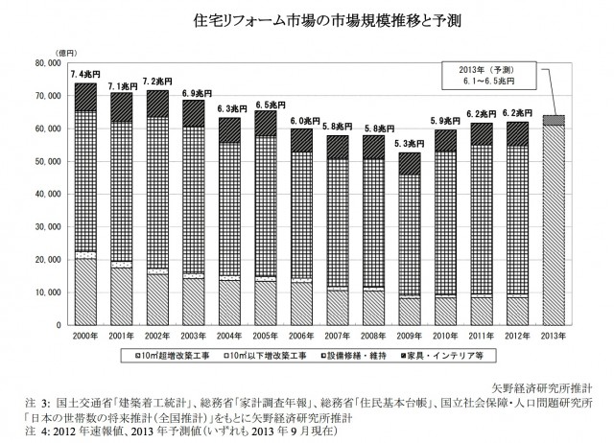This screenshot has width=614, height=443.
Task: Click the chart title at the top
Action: (x=307, y=19)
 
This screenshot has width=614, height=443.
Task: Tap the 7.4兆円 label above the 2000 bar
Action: (x=85, y=74)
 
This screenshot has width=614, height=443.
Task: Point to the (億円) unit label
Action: (x=42, y=52)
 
